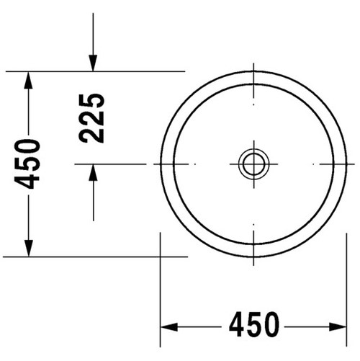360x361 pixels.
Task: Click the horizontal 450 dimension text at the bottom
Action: click(253, 326)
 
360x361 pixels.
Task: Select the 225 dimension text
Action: click(92, 117)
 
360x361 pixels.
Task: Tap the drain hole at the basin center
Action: click(253, 164)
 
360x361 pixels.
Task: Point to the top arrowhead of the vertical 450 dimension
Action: click(28, 79)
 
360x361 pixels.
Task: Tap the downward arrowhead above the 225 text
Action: click(93, 64)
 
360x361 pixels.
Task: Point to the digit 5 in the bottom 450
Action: click(253, 326)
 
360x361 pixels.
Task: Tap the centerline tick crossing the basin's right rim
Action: click(338, 164)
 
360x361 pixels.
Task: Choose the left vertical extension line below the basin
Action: click(160, 288)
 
